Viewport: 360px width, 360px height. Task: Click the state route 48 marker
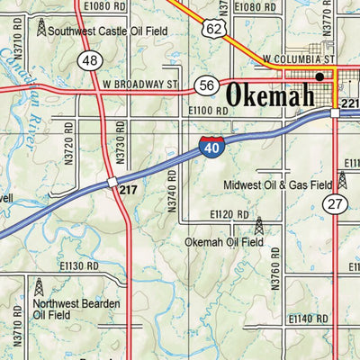point(88,60)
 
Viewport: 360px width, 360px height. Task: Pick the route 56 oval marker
point(206,85)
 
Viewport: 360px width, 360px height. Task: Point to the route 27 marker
point(336,203)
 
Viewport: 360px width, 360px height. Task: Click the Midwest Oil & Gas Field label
point(278,185)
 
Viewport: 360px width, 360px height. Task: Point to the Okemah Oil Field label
point(223,242)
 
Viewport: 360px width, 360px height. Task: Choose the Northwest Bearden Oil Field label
point(76,310)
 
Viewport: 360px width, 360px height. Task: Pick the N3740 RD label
point(171,191)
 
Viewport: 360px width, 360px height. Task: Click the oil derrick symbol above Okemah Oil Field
point(259,225)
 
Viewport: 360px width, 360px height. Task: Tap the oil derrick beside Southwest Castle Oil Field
point(41,28)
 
